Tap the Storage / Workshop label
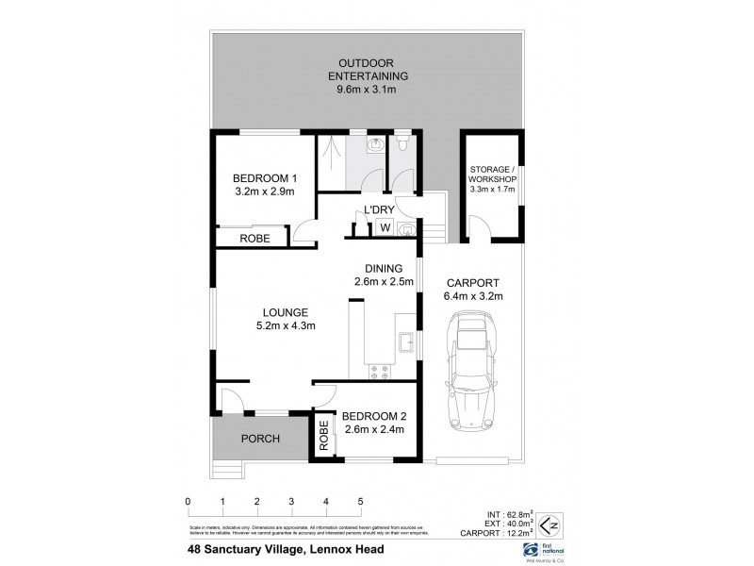(494, 178)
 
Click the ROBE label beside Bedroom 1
(254, 240)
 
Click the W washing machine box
(385, 227)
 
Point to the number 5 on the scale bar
(360, 502)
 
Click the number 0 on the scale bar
(188, 502)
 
